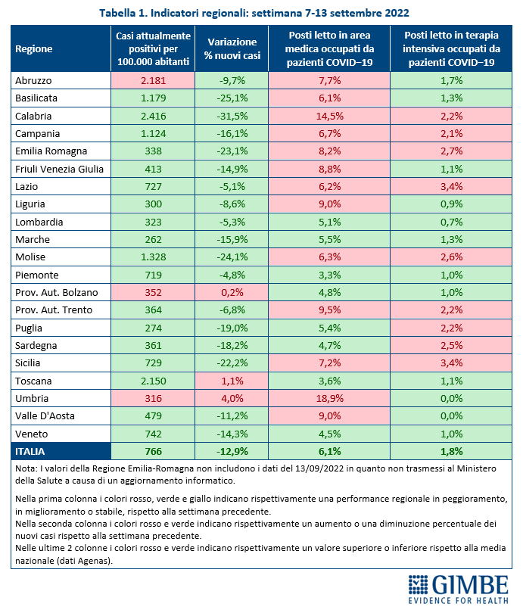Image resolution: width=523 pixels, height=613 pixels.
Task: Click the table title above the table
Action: pos(254,13)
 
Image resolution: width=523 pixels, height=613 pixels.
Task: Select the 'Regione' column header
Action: pos(34,49)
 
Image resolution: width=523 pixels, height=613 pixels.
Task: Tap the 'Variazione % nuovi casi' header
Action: pos(232,49)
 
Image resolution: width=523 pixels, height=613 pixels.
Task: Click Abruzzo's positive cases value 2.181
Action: pos(153,80)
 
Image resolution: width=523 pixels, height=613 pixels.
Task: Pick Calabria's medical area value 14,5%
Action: pos(329,116)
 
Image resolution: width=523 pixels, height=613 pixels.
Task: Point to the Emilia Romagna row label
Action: pos(51,151)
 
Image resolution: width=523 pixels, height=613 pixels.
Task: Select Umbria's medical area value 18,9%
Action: pos(329,398)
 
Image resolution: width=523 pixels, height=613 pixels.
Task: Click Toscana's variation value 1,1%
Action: pos(232,381)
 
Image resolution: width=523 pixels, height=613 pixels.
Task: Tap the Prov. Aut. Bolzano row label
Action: pos(57,292)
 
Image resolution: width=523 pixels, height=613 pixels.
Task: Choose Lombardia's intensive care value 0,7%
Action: pos(451,222)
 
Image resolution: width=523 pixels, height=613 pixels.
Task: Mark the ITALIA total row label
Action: pos(30,452)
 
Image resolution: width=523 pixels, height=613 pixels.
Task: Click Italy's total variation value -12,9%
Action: pos(232,452)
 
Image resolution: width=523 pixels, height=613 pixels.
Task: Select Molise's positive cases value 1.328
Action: pos(153,257)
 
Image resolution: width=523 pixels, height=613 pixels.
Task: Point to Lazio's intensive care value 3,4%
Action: pos(451,186)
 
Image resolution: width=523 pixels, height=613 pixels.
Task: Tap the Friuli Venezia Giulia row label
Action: pos(59,169)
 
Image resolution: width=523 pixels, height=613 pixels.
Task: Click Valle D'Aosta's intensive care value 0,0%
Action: pos(451,416)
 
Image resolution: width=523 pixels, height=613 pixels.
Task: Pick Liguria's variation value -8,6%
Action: pos(232,204)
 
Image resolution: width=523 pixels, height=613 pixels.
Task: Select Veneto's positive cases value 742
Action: pos(153,434)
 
